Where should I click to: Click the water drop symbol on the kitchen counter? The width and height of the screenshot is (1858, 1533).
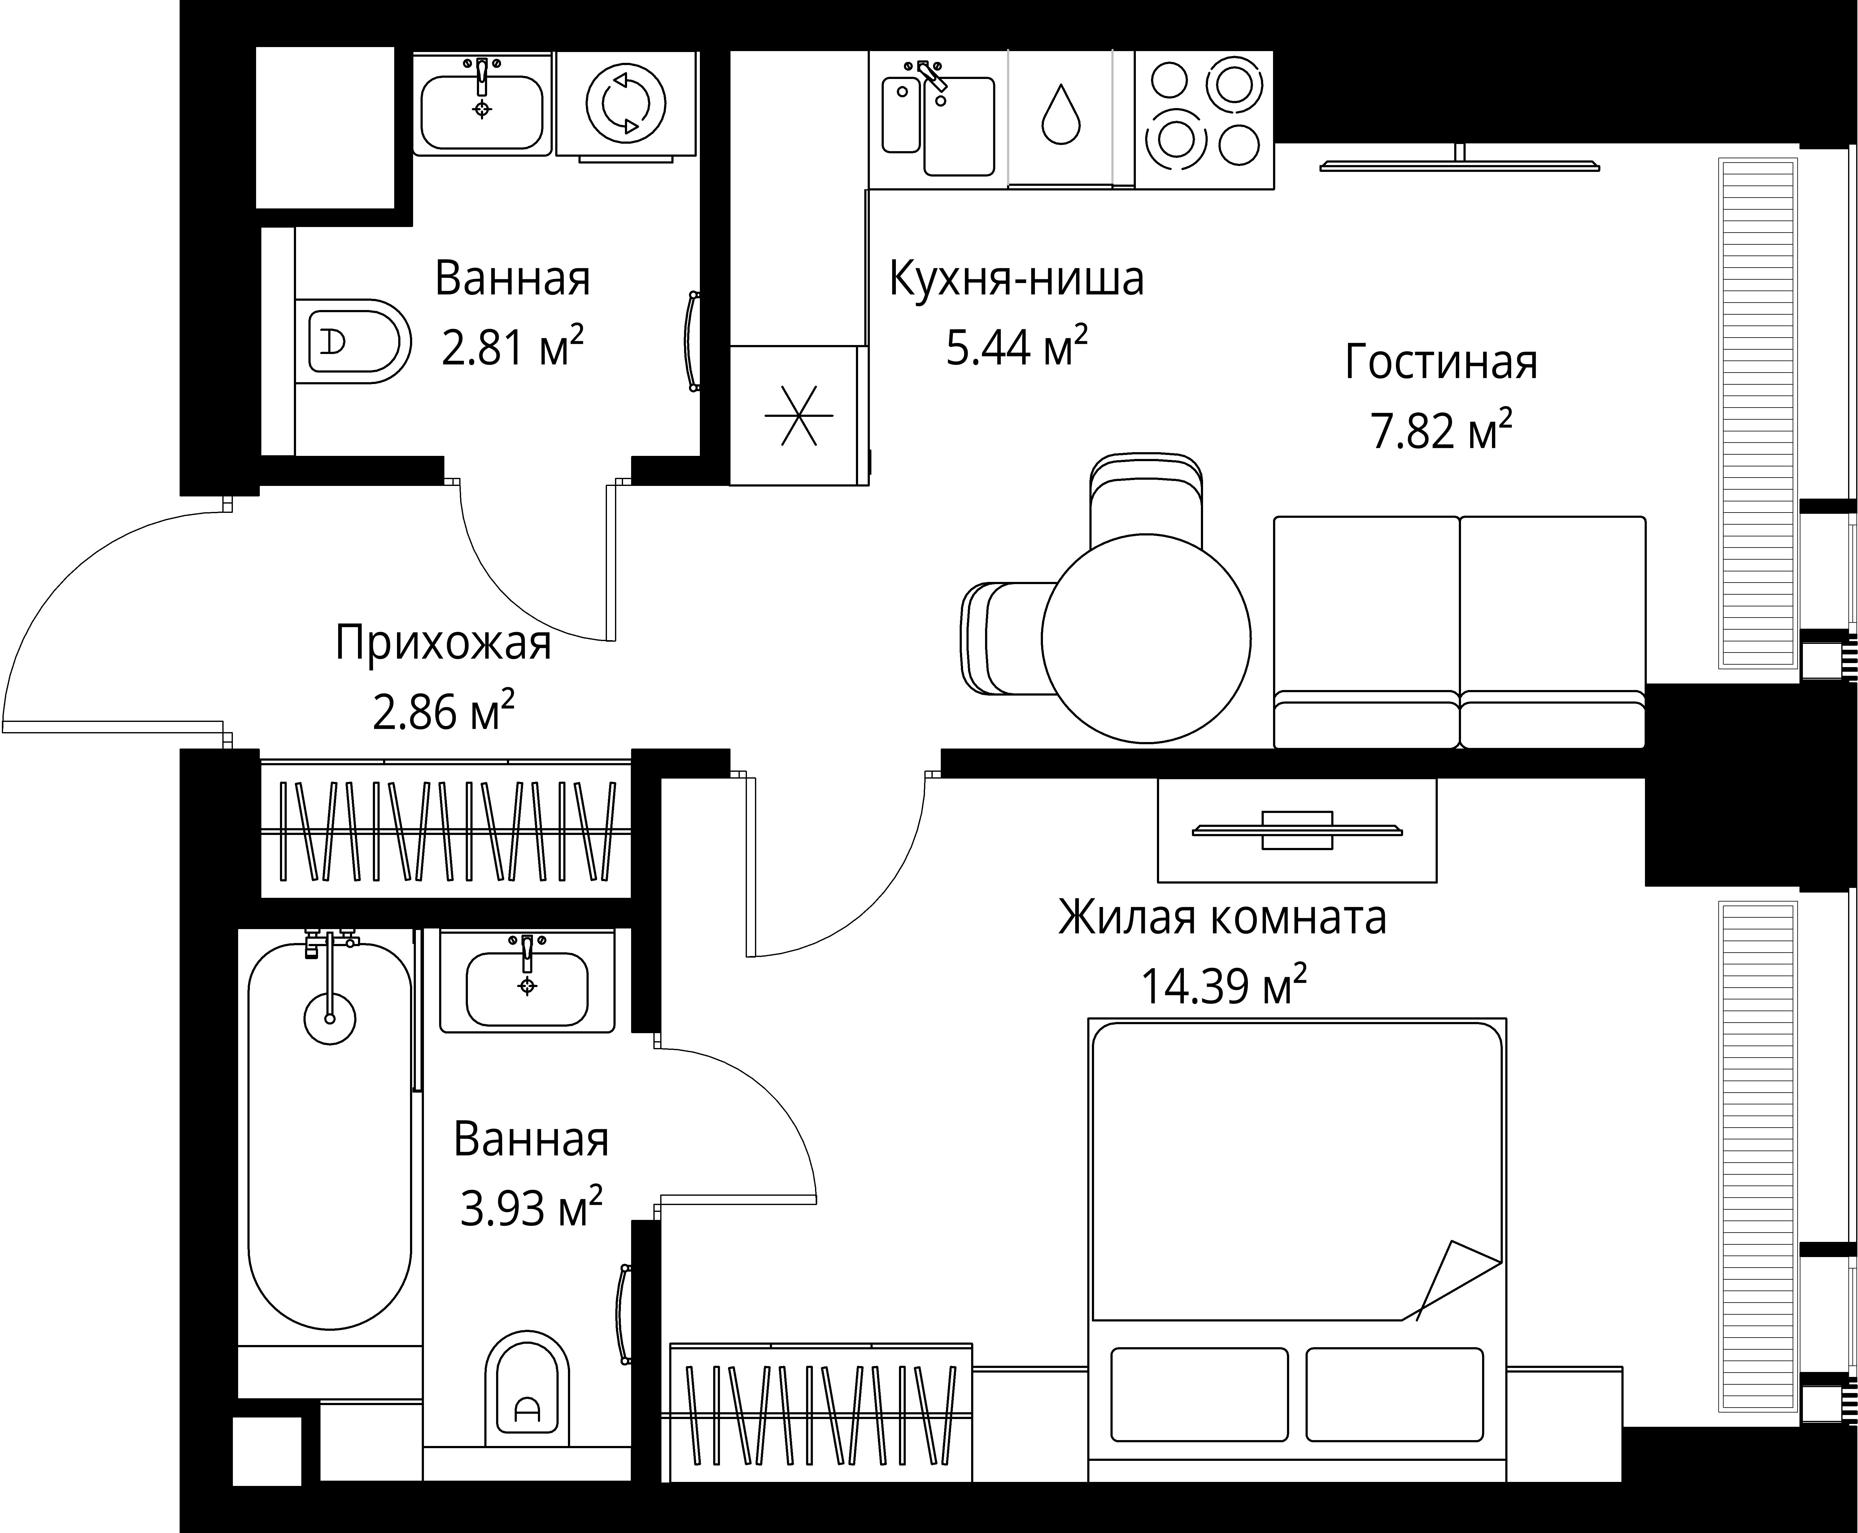(x=1060, y=115)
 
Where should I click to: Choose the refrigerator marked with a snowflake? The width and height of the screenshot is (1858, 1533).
(x=797, y=415)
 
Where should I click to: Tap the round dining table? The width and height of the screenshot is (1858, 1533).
(x=1145, y=638)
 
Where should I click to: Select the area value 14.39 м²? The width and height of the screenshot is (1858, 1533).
(x=1223, y=986)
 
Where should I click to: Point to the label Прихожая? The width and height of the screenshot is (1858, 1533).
(x=443, y=643)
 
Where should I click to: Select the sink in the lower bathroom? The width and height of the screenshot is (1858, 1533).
(x=526, y=987)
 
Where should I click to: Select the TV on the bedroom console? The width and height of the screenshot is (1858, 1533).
(x=1296, y=830)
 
